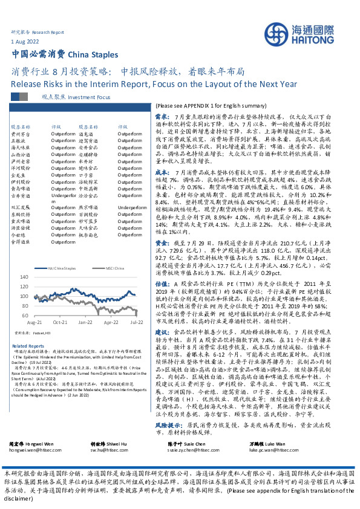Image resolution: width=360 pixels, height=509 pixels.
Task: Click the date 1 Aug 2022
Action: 25,41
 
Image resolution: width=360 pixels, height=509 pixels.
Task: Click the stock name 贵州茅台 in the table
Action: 21,134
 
